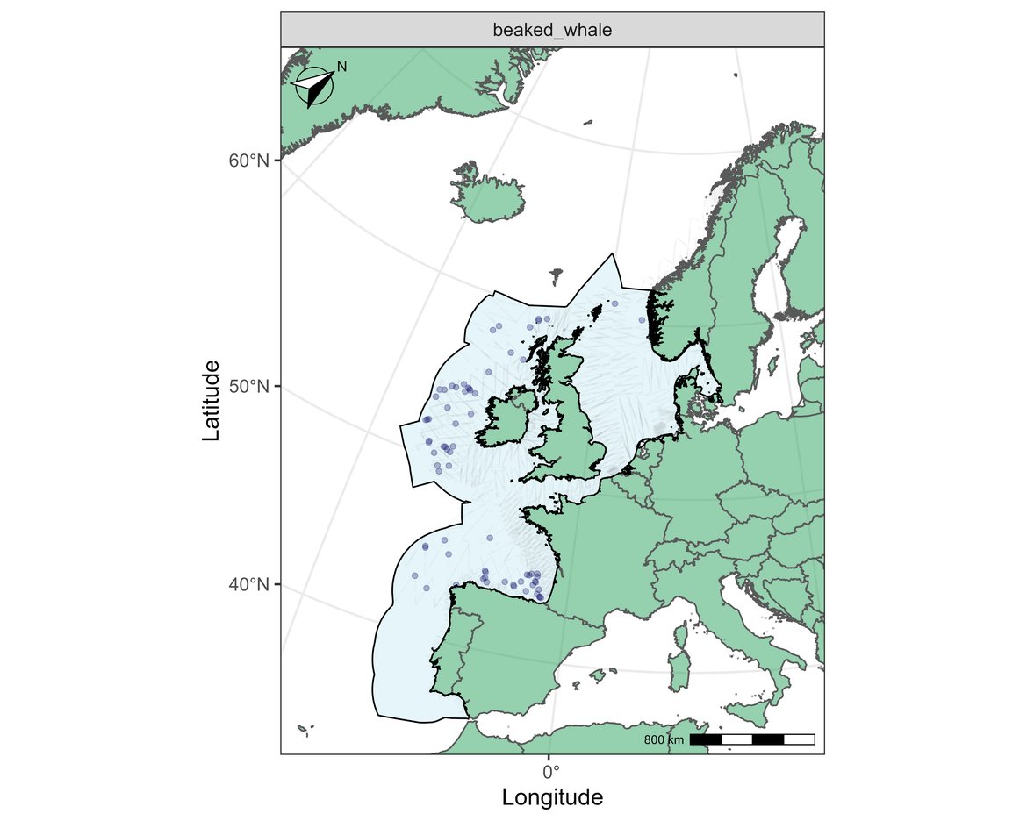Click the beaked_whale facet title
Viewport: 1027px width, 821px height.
pyautogui.click(x=552, y=30)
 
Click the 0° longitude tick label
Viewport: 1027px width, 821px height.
pyautogui.click(x=550, y=772)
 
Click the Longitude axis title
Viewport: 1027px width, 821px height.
pyautogui.click(x=552, y=797)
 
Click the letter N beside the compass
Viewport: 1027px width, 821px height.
pyautogui.click(x=342, y=67)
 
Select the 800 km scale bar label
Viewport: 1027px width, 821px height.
pyautogui.click(x=664, y=740)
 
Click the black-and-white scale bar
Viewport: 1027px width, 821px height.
pyautogui.click(x=752, y=739)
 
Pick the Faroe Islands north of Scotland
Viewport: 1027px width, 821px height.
pyautogui.click(x=557, y=276)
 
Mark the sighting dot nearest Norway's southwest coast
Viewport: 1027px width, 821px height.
pyautogui.click(x=642, y=320)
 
